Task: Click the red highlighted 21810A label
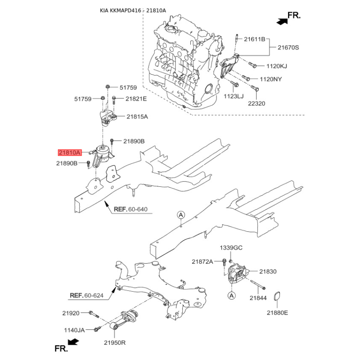[68, 153]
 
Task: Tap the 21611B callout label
[255, 40]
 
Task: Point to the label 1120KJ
[276, 66]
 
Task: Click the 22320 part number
[257, 103]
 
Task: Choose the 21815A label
[137, 117]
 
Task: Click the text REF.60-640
[130, 210]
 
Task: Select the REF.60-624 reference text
[86, 296]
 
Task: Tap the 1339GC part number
[231, 248]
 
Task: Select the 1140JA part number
[74, 330]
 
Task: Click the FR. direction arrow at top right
[282, 20]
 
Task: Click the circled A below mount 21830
[231, 296]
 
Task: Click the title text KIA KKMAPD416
[120, 10]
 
